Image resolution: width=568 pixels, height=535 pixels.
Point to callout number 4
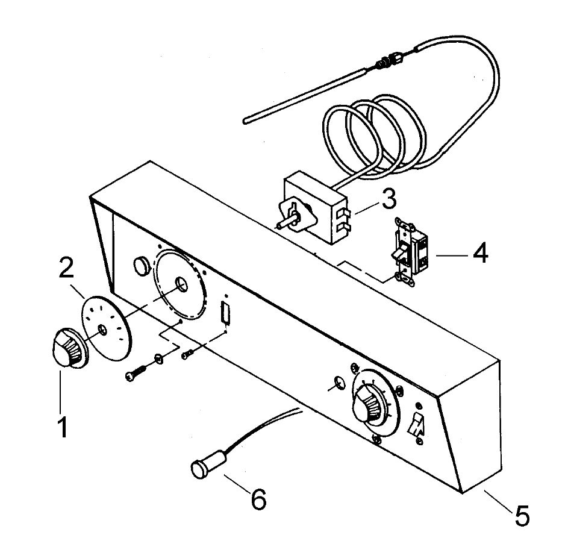479,253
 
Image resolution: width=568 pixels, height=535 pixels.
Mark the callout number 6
258,499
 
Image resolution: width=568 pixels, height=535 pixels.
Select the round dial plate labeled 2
106,328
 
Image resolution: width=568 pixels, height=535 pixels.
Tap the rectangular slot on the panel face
225,313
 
